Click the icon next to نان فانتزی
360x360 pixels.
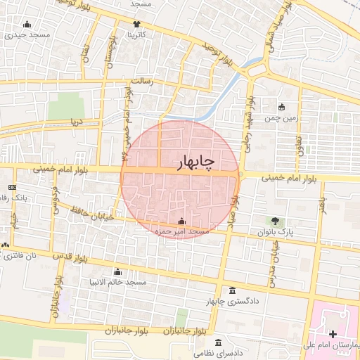pyautogui.click(x=6, y=245)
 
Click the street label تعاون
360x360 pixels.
pyautogui.click(x=298, y=144)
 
